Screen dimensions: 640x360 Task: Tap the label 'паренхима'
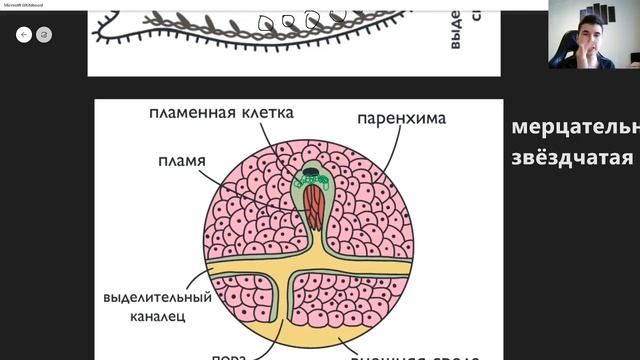coord(401,119)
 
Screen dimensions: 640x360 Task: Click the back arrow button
coord(24,34)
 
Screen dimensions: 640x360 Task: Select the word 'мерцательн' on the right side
coord(574,129)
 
